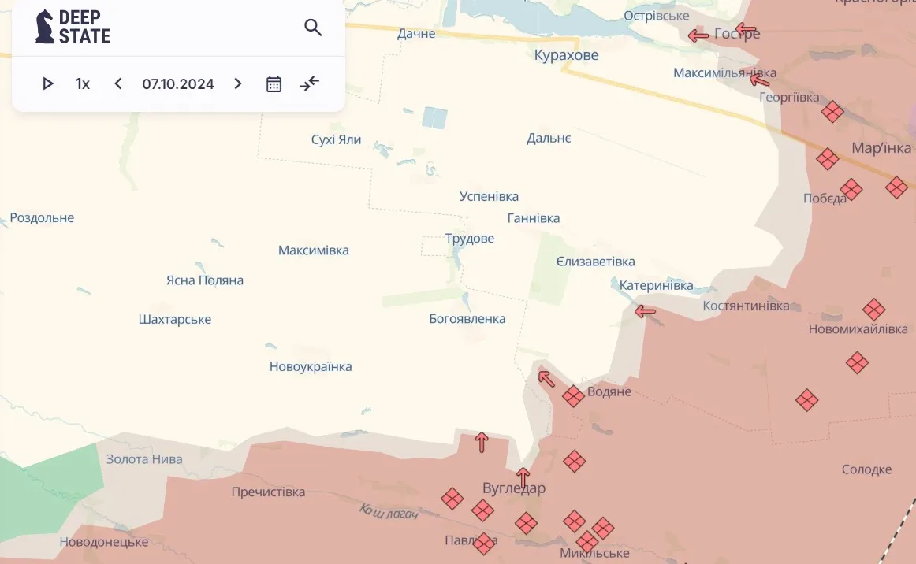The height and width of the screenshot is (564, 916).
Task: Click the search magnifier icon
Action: (x=313, y=28)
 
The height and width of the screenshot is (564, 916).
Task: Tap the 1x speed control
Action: (x=83, y=83)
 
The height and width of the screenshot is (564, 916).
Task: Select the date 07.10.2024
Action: (x=178, y=83)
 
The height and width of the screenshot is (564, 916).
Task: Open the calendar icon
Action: (x=274, y=83)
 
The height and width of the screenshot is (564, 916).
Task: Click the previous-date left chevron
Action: (x=118, y=83)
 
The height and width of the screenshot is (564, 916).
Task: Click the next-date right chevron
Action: (x=238, y=83)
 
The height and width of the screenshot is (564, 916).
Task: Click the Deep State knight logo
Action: (x=45, y=26)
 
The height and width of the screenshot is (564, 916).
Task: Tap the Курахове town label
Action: (x=566, y=55)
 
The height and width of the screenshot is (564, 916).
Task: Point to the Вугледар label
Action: (x=514, y=488)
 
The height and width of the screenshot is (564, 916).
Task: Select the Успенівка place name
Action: (x=489, y=196)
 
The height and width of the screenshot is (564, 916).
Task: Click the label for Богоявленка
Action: (x=467, y=319)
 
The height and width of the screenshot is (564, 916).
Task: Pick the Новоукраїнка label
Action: (x=311, y=366)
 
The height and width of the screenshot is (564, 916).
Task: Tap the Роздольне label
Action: (x=42, y=217)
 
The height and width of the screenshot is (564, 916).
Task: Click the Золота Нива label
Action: (x=144, y=459)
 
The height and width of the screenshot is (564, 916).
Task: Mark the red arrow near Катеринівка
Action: (x=646, y=311)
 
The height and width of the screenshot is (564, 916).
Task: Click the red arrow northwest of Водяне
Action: (x=546, y=378)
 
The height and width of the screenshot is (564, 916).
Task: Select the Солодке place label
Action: (x=866, y=469)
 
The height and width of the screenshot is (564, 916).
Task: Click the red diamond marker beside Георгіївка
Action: (x=832, y=112)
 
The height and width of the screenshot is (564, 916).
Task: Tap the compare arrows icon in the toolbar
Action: (x=310, y=83)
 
